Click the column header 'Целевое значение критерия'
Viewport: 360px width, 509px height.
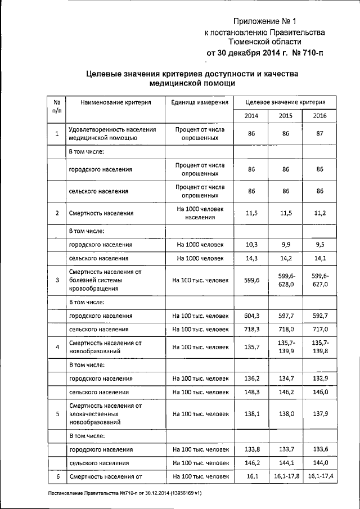point(286,102)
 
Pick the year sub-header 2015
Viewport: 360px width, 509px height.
point(286,116)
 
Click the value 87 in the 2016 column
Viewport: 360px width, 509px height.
point(320,134)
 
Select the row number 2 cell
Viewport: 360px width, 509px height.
point(57,213)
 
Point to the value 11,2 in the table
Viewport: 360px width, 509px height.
point(320,213)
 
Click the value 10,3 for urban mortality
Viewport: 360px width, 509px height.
point(252,245)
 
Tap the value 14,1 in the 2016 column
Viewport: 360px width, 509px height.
point(320,258)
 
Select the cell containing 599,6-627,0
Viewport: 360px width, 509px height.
point(320,280)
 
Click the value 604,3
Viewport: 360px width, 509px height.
point(252,316)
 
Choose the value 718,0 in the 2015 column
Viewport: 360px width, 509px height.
point(286,329)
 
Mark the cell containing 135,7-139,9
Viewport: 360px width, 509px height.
point(286,346)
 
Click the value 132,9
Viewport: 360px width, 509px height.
point(320,379)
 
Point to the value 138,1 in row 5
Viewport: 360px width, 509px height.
point(252,413)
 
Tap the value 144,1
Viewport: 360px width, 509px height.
point(286,463)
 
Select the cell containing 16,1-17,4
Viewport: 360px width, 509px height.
point(320,477)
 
